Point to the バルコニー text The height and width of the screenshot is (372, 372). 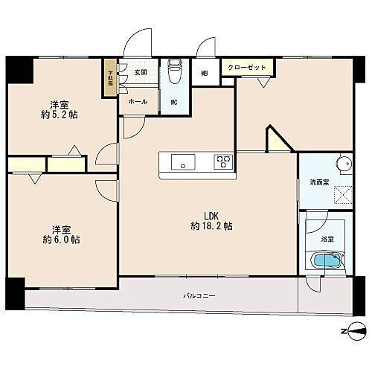tap(199, 296)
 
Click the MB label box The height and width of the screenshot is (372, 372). tap(205, 73)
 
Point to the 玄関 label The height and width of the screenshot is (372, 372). tap(140, 71)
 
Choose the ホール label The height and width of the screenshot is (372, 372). tap(138, 101)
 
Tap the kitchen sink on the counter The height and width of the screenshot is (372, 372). tap(183, 161)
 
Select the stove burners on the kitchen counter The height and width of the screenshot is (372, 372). tap(223, 161)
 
